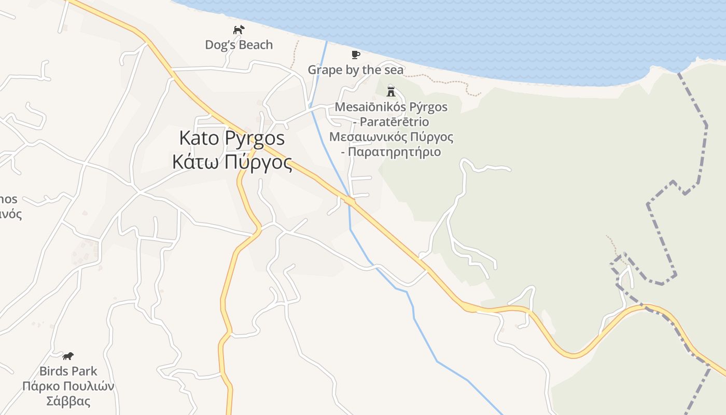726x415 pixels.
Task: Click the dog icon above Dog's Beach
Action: pyautogui.click(x=238, y=30)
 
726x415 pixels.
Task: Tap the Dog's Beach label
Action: pyautogui.click(x=239, y=45)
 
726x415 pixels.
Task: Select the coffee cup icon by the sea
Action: pyautogui.click(x=355, y=54)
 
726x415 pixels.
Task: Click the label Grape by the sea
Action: pyautogui.click(x=355, y=70)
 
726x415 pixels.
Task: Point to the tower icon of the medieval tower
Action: pyautogui.click(x=391, y=91)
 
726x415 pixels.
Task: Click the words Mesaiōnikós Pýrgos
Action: pyautogui.click(x=391, y=107)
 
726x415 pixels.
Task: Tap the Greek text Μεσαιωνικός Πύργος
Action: pyautogui.click(x=391, y=137)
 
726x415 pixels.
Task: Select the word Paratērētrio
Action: pyautogui.click(x=394, y=122)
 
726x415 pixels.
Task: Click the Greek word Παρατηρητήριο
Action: pyautogui.click(x=394, y=153)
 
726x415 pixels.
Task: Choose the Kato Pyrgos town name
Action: pyautogui.click(x=232, y=139)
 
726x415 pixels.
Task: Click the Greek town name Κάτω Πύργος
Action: pyautogui.click(x=232, y=162)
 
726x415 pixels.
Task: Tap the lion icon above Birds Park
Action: pyautogui.click(x=68, y=356)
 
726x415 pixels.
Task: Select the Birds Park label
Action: pyautogui.click(x=68, y=371)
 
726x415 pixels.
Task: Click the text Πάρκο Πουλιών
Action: pyautogui.click(x=68, y=386)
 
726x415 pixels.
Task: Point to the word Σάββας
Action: pyautogui.click(x=68, y=402)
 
